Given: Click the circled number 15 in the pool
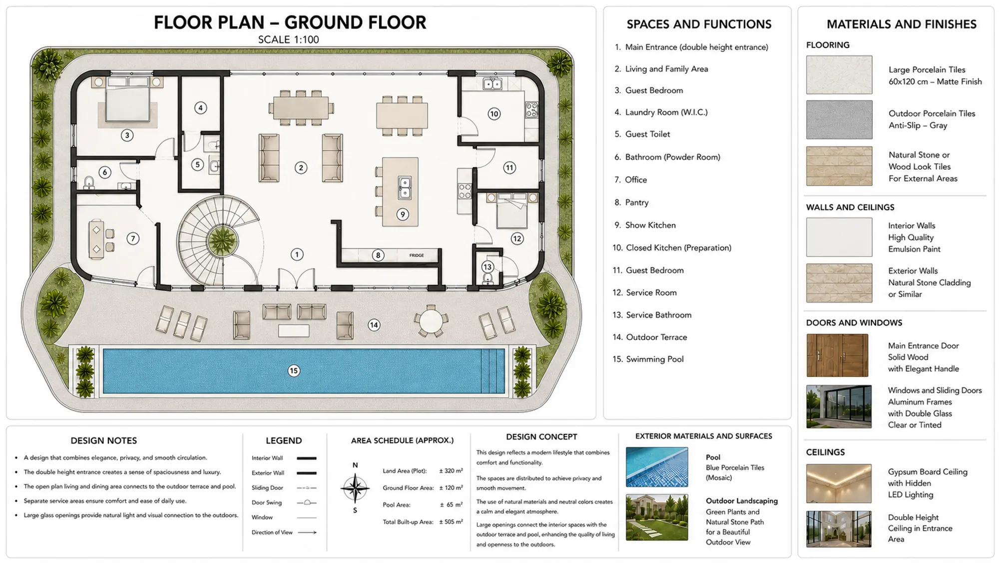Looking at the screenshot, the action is pos(294,370).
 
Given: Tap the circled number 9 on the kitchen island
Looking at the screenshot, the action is pos(403,214).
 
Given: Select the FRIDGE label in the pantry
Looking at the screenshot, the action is pos(417,255).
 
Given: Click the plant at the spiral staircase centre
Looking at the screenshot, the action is pos(222,241).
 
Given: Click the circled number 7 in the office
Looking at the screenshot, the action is pos(133,238).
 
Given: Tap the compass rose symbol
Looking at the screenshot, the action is pos(355,488).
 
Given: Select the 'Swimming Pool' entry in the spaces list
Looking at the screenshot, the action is pos(648,359).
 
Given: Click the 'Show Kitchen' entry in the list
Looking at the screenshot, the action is pos(645,225).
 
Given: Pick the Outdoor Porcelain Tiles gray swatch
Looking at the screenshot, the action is pos(839,119).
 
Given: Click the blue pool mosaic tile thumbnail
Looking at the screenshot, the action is pos(657,467).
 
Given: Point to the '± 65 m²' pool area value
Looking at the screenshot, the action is pos(451,505).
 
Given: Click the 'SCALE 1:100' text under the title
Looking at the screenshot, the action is pos(288,39).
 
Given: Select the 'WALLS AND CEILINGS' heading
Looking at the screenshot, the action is pos(850,207).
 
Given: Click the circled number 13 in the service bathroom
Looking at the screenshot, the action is pos(488,267).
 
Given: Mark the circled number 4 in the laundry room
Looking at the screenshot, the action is pos(200,107).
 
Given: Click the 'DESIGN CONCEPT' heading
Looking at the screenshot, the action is pos(541,436).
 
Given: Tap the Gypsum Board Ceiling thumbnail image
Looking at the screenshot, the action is pos(839,483).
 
